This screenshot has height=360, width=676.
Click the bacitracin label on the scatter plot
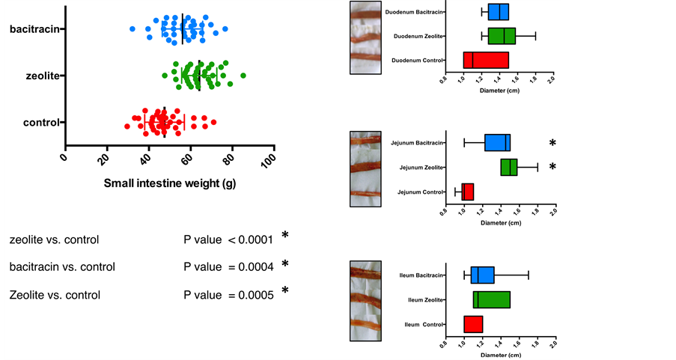click(x=35, y=29)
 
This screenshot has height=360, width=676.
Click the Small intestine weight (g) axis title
click(x=169, y=183)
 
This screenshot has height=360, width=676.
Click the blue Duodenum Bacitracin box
click(x=499, y=12)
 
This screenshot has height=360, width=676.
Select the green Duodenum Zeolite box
click(x=502, y=36)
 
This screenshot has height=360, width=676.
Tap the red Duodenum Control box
click(x=486, y=60)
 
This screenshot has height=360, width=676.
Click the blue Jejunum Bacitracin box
click(x=497, y=143)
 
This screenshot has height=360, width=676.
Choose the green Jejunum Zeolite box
click(x=509, y=167)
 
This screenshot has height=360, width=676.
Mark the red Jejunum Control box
click(x=468, y=192)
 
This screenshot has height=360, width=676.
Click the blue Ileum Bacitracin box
click(x=483, y=275)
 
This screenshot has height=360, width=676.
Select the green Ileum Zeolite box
click(x=492, y=299)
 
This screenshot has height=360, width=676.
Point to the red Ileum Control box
click(x=473, y=324)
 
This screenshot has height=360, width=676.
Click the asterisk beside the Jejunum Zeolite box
click(x=552, y=167)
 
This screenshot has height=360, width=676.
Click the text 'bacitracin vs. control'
click(x=62, y=266)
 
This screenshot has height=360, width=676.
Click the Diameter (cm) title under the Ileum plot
click(x=500, y=354)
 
